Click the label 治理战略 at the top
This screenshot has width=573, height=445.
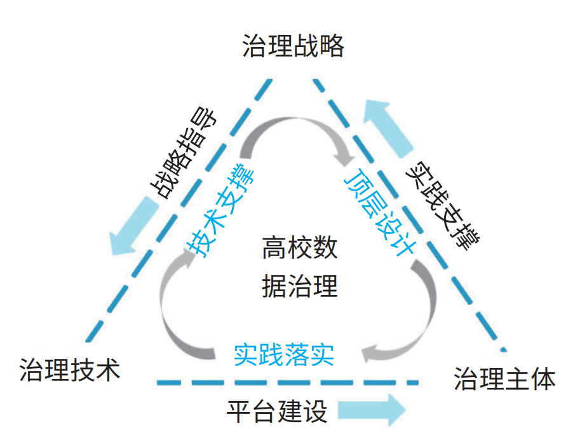pyautogui.click(x=293, y=46)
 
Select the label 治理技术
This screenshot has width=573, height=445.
pyautogui.click(x=70, y=370)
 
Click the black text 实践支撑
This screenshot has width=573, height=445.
pyautogui.click(x=445, y=204)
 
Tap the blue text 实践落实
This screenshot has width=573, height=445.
pyautogui.click(x=283, y=355)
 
